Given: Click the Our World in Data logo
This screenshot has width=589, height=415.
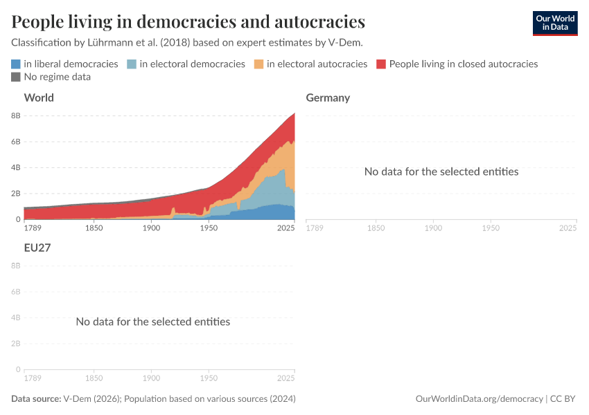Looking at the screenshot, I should [554, 22].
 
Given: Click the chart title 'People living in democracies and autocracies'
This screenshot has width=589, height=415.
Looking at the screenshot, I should [188, 22].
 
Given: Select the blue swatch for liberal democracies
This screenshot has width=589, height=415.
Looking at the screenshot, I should [16, 64].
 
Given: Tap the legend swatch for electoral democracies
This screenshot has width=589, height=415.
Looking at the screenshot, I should [132, 64].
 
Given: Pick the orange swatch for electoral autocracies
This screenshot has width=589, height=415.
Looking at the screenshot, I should [259, 64].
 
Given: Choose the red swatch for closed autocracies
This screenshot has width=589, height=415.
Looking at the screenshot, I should [381, 64].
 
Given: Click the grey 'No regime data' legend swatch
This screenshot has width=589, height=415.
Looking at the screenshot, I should [16, 77].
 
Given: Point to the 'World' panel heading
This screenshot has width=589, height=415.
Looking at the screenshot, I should [39, 98].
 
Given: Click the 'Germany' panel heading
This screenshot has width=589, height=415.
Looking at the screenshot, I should [328, 98].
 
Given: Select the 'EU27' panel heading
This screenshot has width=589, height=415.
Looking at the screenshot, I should [37, 246].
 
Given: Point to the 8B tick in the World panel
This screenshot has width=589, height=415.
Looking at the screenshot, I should [15, 116].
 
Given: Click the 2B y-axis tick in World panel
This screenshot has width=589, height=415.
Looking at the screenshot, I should [15, 194].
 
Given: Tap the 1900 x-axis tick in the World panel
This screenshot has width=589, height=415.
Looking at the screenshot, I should [152, 228].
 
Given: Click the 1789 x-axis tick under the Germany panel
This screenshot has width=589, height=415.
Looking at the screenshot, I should [315, 228].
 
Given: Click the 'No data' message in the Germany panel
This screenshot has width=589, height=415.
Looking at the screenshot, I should [441, 172].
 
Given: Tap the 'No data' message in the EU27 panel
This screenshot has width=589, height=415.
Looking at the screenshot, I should [152, 322].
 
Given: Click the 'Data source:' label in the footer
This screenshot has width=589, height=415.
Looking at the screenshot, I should [36, 399].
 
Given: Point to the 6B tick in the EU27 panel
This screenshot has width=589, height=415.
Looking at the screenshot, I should [15, 291].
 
